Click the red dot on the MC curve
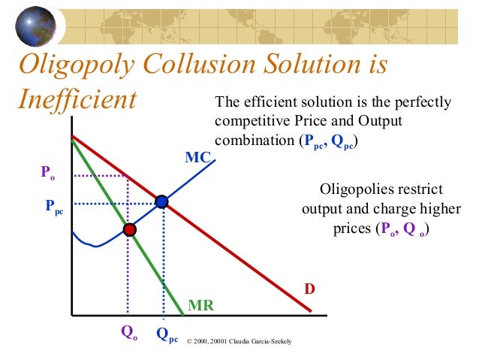(130, 228)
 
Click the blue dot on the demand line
(161, 201)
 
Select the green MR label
(200, 306)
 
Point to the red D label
(309, 289)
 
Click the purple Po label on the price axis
(48, 174)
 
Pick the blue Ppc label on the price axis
(53, 204)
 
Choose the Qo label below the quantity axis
(129, 331)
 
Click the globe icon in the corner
(23, 23)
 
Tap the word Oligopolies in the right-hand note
(354, 188)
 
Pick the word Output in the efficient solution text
(379, 121)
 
